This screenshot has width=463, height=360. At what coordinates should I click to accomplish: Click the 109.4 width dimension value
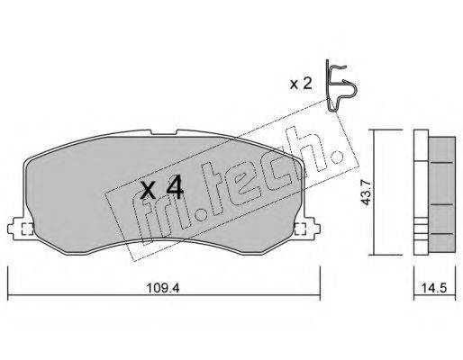pos(163,288)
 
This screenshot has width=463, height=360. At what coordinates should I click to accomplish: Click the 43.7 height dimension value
pos(366,193)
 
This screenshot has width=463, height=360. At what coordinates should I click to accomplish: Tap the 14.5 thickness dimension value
pos(434,288)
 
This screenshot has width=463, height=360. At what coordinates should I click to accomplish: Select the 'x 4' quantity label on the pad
pos(162,188)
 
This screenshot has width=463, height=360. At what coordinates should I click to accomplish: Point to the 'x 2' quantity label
pos(301,84)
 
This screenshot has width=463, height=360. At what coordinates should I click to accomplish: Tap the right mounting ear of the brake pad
pos(307,228)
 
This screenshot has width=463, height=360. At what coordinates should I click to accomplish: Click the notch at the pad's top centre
pos(164,132)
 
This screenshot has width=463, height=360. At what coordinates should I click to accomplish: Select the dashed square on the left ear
pos(27,229)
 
